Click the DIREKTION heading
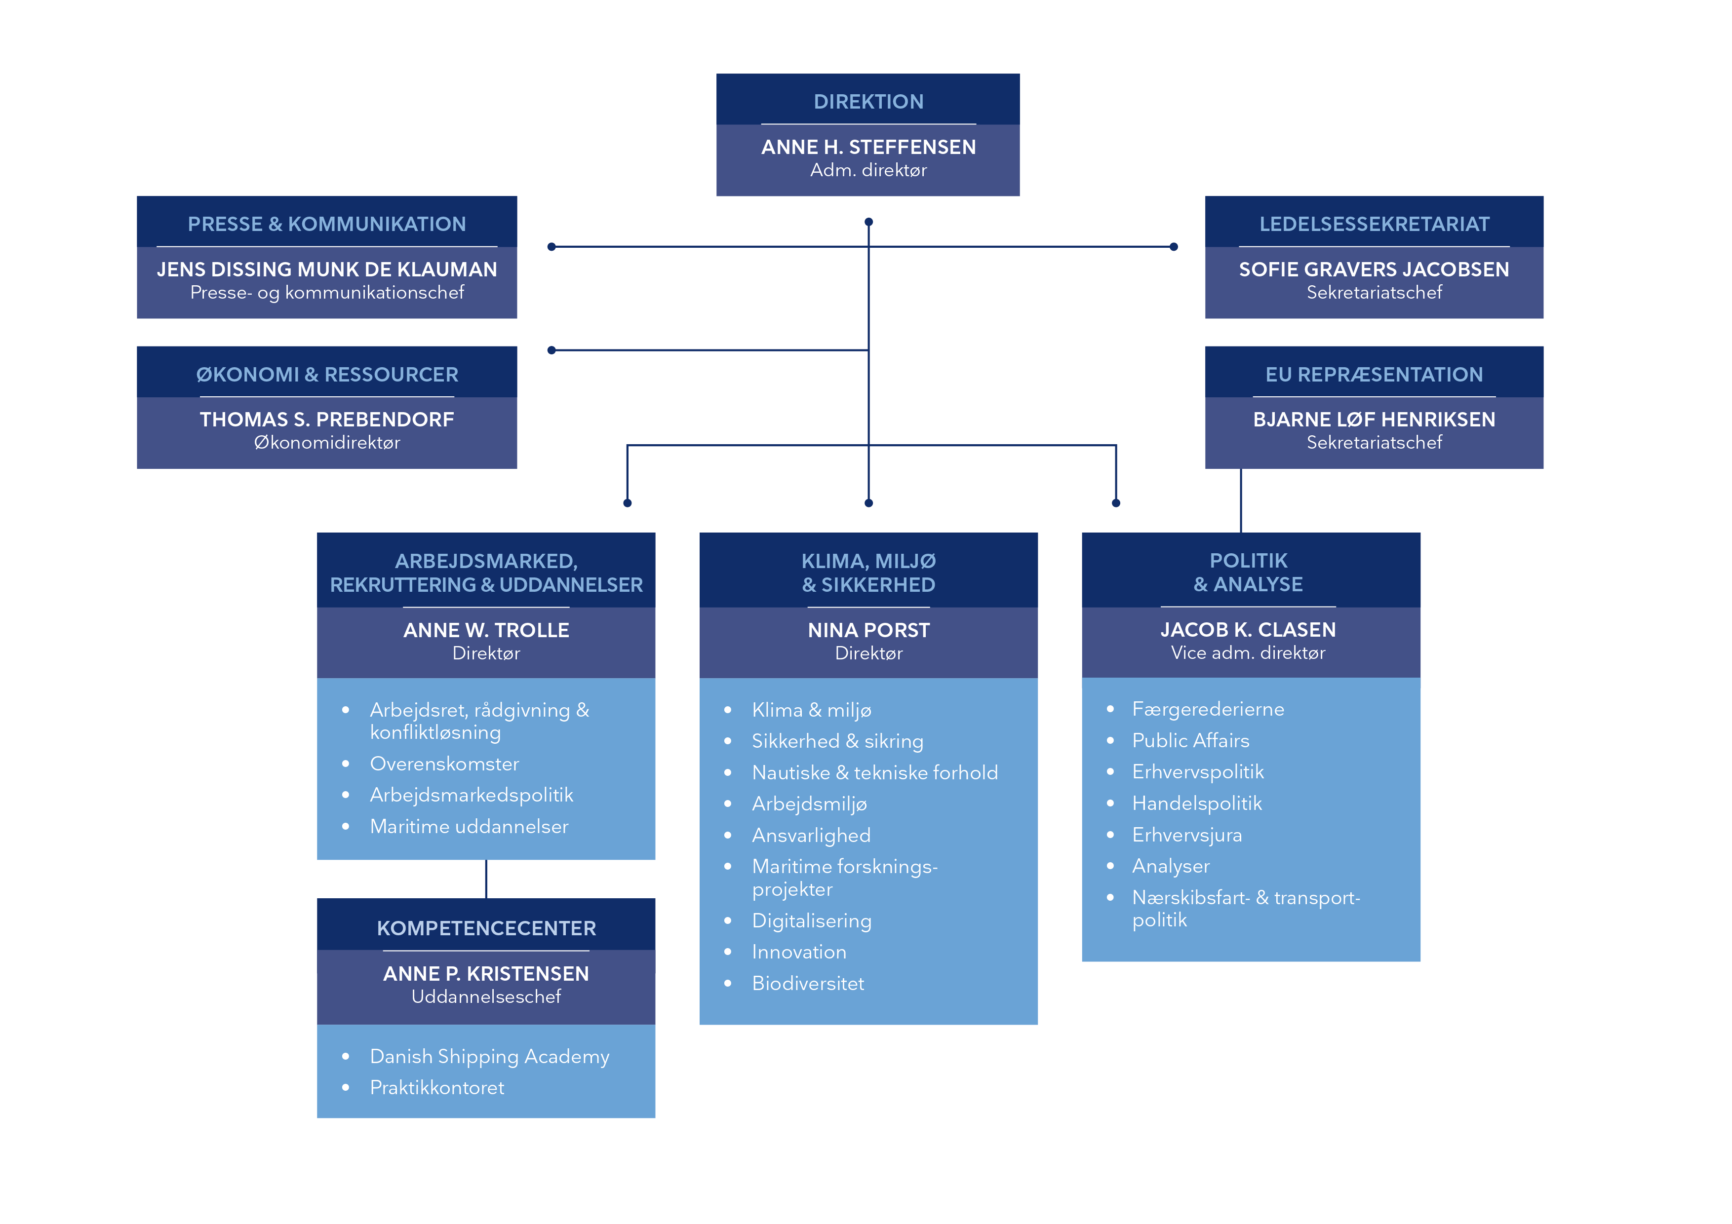pyautogui.click(x=868, y=101)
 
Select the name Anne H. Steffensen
pyautogui.click(x=868, y=147)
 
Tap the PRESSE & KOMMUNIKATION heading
pyautogui.click(x=327, y=224)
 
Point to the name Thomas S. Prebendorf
pyautogui.click(x=327, y=420)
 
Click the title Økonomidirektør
pyautogui.click(x=327, y=443)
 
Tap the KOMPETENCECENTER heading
pyautogui.click(x=486, y=928)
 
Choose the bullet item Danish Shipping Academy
pyautogui.click(x=490, y=1057)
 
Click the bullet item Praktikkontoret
pyautogui.click(x=437, y=1087)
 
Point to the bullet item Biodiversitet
pyautogui.click(x=808, y=984)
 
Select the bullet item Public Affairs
pyautogui.click(x=1190, y=741)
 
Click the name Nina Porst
pyautogui.click(x=868, y=630)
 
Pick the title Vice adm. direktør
pyautogui.click(x=1248, y=653)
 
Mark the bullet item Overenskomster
pyautogui.click(x=444, y=764)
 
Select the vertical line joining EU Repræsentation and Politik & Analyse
pyautogui.click(x=1241, y=501)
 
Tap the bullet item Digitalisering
pyautogui.click(x=812, y=921)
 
